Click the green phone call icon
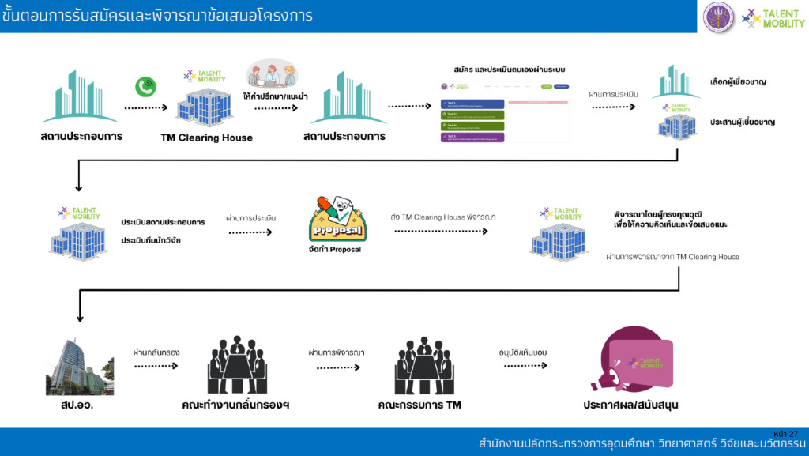(x=145, y=86)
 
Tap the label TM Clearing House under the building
(x=206, y=138)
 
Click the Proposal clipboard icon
(x=337, y=218)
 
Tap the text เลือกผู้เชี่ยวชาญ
(x=738, y=81)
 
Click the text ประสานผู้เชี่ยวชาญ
(x=742, y=122)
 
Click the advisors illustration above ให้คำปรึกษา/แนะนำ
(x=272, y=74)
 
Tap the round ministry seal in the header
(x=718, y=16)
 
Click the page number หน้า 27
(x=786, y=434)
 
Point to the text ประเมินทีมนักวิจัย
(x=151, y=239)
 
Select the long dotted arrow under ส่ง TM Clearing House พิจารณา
(x=441, y=232)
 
